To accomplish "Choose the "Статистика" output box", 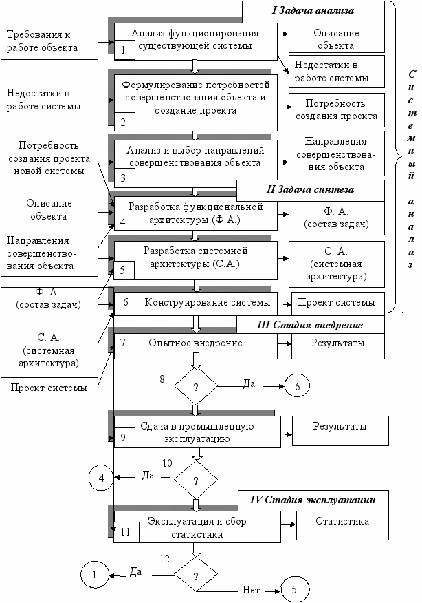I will click(x=342, y=521).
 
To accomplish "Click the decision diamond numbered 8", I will click(x=195, y=387).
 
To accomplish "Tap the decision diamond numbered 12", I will click(x=195, y=573).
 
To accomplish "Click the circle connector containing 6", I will click(x=298, y=387).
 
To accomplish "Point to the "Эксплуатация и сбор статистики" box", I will click(x=198, y=527).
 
